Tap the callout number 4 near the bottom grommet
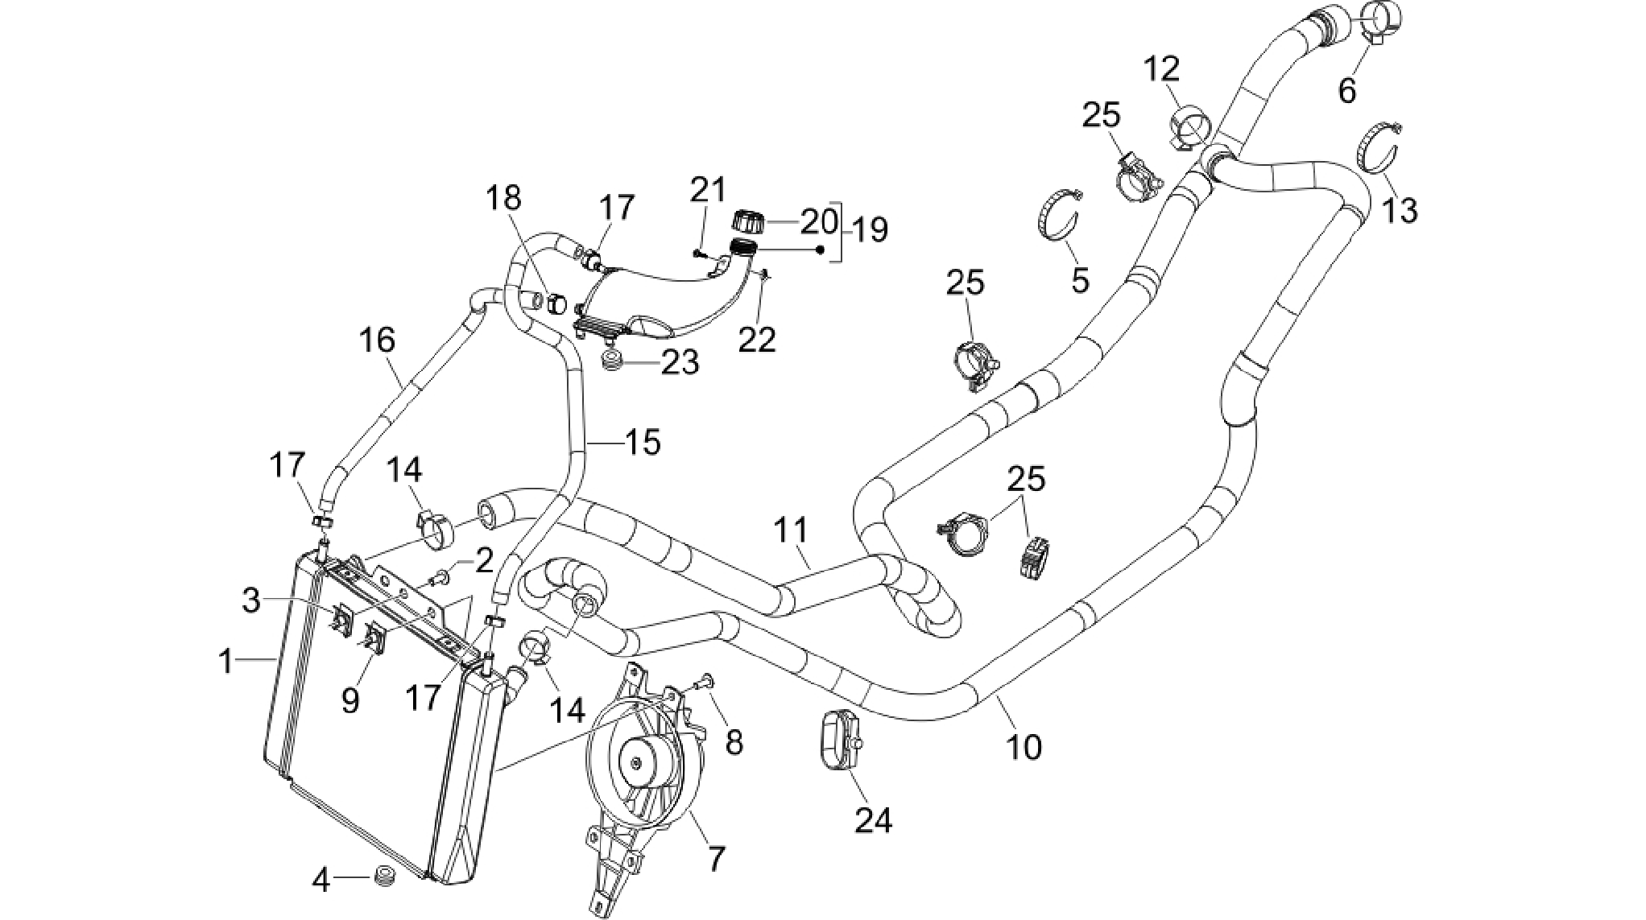click(321, 881)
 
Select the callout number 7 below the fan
click(715, 859)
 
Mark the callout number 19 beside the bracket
click(869, 230)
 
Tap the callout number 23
click(680, 362)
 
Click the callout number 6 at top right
click(1346, 90)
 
